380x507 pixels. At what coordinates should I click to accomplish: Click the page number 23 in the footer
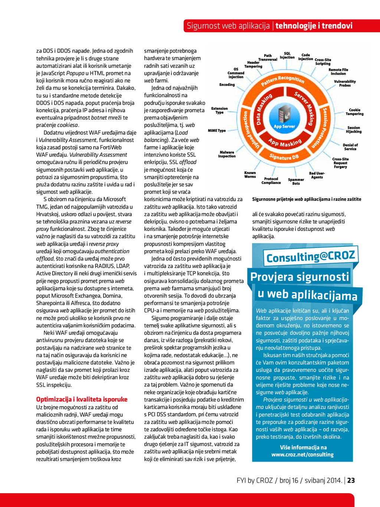coord(351,480)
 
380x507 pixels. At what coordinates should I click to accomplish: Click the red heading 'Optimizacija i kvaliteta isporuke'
coord(82,399)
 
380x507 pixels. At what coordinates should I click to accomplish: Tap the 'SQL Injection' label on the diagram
coord(287,56)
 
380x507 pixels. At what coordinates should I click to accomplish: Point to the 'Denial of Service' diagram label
coord(350,147)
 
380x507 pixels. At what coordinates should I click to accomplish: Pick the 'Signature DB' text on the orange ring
coord(284,157)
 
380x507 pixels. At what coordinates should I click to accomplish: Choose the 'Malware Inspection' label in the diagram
coord(227,154)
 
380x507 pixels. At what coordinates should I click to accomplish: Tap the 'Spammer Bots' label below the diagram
coord(296,181)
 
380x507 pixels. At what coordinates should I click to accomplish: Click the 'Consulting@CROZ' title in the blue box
coord(311,256)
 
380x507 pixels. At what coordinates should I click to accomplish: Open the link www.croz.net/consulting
coord(302,455)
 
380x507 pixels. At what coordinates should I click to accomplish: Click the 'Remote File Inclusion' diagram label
coord(338,72)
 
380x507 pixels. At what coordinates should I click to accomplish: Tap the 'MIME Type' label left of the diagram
coord(217,131)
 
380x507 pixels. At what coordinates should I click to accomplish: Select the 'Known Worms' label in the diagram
coord(250,174)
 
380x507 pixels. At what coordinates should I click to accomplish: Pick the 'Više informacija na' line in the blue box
coord(303,447)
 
